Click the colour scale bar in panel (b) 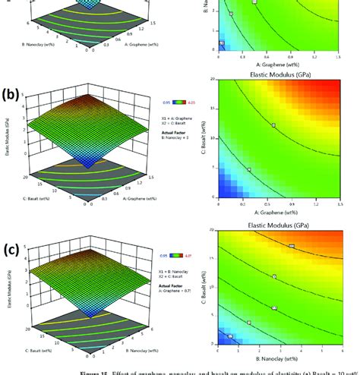(172, 99)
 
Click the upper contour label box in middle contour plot (273, 124)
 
